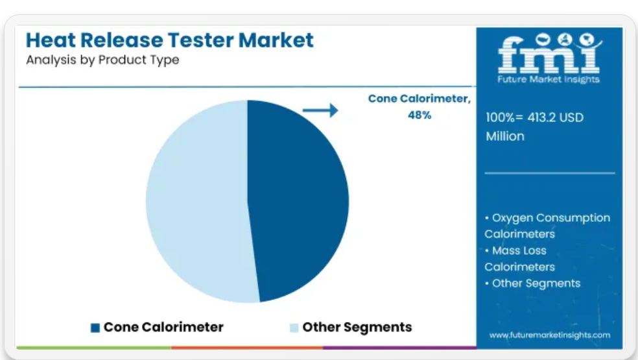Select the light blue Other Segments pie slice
click(x=195, y=202)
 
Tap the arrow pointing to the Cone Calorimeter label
click(x=320, y=110)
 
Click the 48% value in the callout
click(x=419, y=115)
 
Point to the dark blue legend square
click(x=95, y=328)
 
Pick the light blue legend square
click(x=294, y=328)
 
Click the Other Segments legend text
click(x=357, y=327)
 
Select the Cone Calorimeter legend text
click(x=163, y=327)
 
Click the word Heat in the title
click(x=51, y=40)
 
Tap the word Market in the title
click(x=276, y=40)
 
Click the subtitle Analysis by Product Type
click(x=102, y=60)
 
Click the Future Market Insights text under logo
click(x=549, y=79)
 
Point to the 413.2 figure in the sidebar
click(x=541, y=117)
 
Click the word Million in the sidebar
click(x=505, y=136)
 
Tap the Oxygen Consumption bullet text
click(x=547, y=226)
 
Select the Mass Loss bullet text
click(x=519, y=259)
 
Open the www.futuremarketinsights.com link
click(x=550, y=335)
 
